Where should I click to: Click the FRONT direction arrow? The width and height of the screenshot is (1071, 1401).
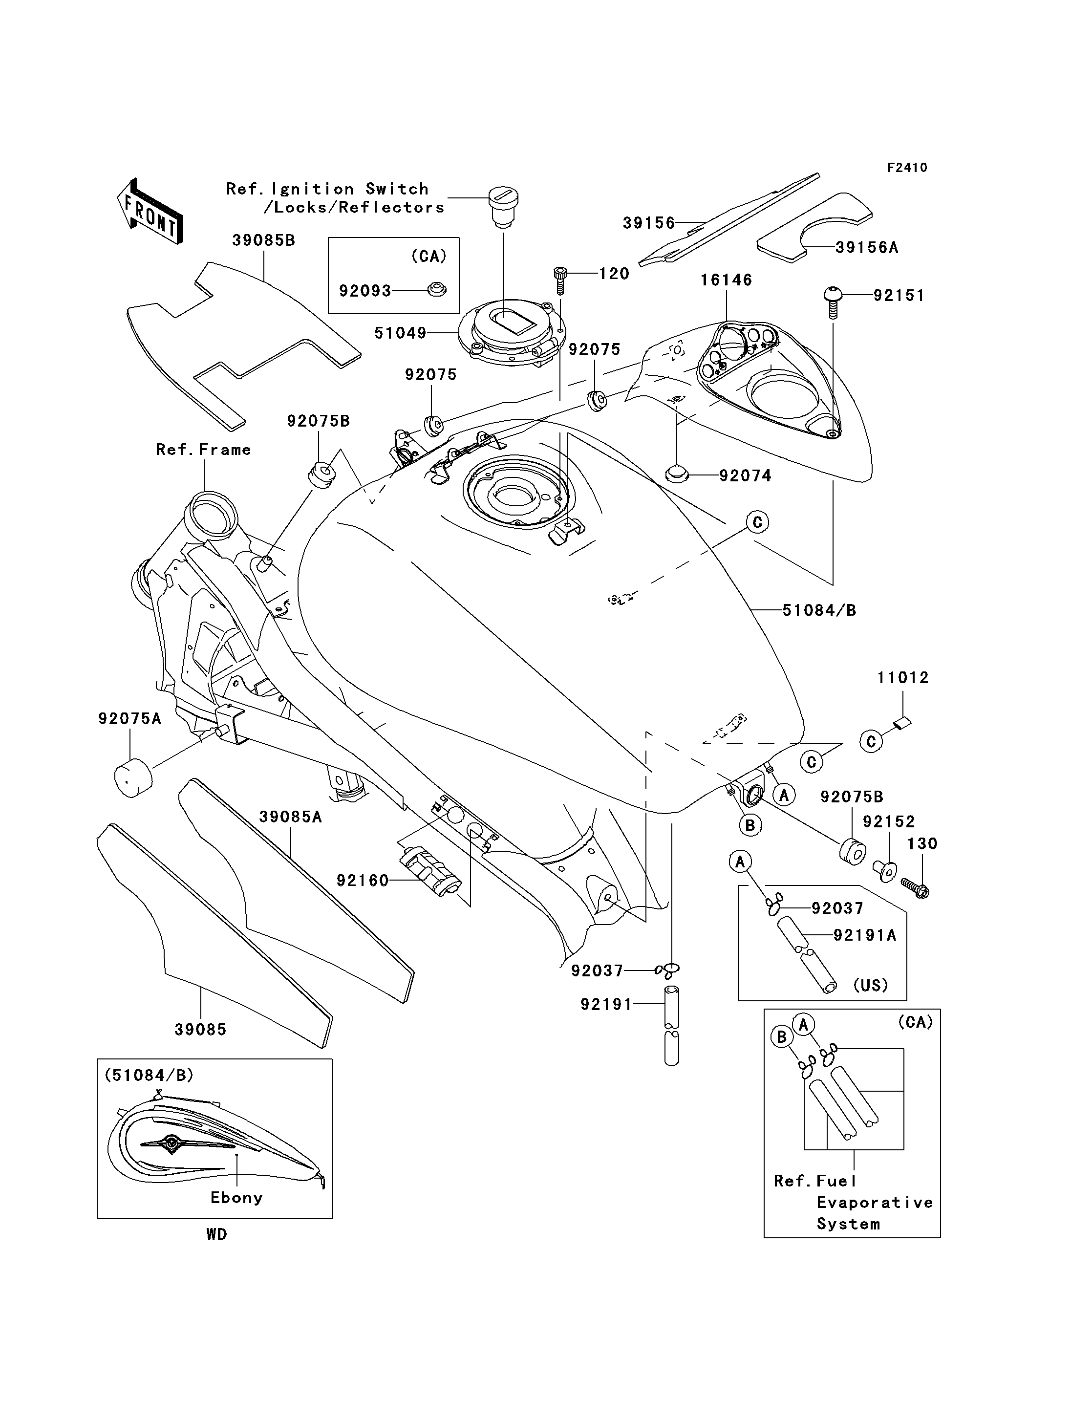coord(150,211)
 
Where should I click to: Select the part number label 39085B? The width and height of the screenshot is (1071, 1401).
coord(263,240)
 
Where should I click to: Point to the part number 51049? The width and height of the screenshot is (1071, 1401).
coord(400,333)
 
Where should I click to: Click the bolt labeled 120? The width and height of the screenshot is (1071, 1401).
coord(560,280)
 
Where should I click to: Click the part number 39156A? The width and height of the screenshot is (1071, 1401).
coord(866,247)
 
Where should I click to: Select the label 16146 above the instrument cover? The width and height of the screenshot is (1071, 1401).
coord(726,280)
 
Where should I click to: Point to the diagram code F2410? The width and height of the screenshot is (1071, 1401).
coord(907,168)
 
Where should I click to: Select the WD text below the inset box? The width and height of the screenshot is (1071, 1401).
coord(217,1234)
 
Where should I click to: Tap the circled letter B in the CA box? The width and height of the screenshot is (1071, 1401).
coord(782,1037)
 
